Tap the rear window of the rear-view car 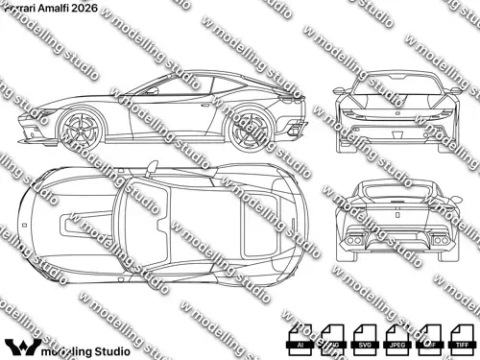click(x=393, y=190)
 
